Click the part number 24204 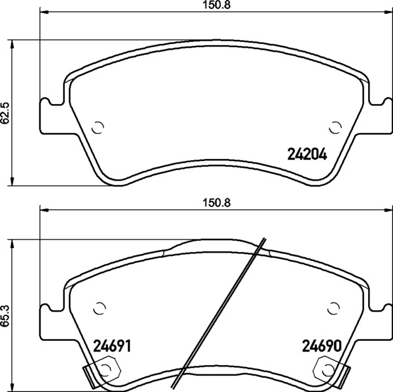pyautogui.click(x=307, y=154)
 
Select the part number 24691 pyautogui.click(x=112, y=346)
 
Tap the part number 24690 pyautogui.click(x=322, y=346)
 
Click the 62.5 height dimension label pyautogui.click(x=5, y=113)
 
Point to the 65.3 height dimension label pyautogui.click(x=5, y=316)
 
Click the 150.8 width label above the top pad pyautogui.click(x=216, y=5)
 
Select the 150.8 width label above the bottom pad pyautogui.click(x=216, y=203)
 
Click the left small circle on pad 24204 pyautogui.click(x=98, y=128)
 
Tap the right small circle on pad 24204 pyautogui.click(x=335, y=128)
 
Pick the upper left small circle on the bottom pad pyautogui.click(x=100, y=308)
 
